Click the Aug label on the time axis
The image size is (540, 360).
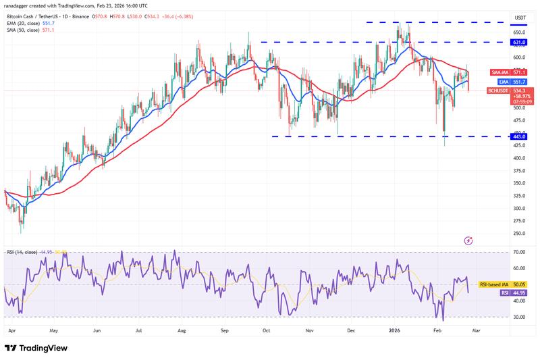[181, 332]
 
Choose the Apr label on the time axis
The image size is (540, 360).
[11, 332]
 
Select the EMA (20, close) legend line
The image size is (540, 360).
[27, 24]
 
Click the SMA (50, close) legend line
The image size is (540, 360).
[27, 30]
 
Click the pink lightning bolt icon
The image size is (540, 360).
[468, 240]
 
